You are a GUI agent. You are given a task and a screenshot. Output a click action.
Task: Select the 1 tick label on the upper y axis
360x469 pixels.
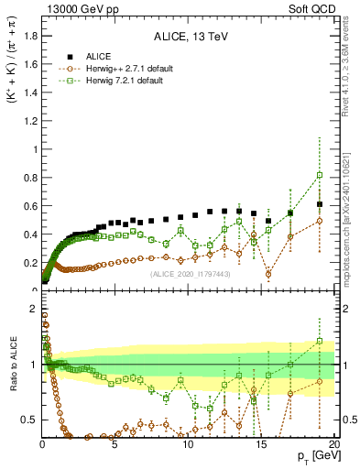(x=35, y=149)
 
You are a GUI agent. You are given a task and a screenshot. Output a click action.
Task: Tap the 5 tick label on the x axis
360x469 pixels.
(x=115, y=444)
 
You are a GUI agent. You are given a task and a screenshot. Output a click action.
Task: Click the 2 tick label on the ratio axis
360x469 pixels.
(x=35, y=308)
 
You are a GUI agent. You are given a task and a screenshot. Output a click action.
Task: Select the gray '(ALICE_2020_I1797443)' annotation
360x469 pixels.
(x=190, y=274)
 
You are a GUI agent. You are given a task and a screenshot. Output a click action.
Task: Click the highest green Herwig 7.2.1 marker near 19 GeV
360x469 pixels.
(x=319, y=175)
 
